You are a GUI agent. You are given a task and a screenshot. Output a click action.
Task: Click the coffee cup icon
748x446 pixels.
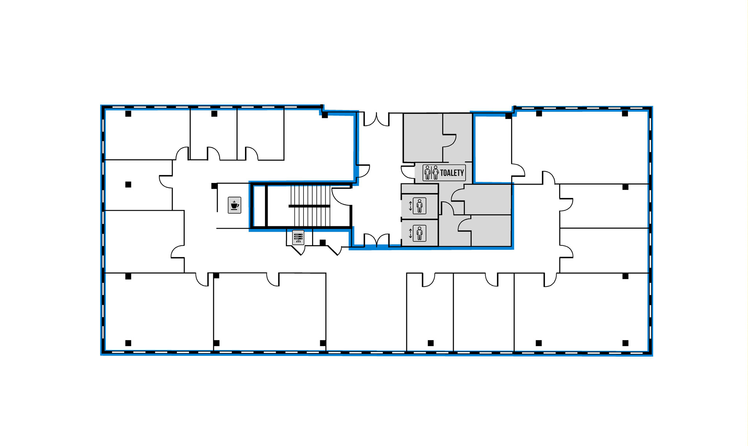[235, 205]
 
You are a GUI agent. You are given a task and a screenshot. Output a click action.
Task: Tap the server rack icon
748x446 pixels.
[298, 237]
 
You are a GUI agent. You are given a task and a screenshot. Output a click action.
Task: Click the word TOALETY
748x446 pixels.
[452, 173]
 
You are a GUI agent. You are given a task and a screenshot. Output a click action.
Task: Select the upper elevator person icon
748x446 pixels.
[420, 206]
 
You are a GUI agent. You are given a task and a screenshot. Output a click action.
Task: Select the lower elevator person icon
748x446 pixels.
[420, 233]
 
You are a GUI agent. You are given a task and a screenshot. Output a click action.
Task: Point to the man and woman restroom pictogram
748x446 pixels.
[431, 172]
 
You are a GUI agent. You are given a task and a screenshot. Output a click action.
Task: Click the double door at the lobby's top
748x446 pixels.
[376, 119]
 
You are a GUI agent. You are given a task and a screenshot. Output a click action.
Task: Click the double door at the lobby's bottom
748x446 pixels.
[376, 240]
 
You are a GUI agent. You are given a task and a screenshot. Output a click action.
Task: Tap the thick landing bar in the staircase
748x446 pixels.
[309, 206]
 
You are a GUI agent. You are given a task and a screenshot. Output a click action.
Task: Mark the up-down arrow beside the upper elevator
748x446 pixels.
[410, 206]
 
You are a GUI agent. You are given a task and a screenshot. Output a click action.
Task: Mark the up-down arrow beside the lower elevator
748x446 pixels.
[410, 233]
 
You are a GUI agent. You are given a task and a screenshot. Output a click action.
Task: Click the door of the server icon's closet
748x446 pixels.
[298, 250]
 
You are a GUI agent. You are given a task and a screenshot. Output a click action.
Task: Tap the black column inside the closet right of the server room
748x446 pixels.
[323, 243]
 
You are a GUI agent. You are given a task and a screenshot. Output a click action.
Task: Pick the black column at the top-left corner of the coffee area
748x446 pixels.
[214, 186]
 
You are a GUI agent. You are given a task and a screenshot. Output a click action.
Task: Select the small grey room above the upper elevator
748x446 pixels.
[420, 189]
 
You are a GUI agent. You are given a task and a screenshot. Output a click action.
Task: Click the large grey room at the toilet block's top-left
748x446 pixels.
[423, 137]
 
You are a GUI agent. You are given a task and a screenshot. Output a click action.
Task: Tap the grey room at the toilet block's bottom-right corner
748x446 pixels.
[491, 231]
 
